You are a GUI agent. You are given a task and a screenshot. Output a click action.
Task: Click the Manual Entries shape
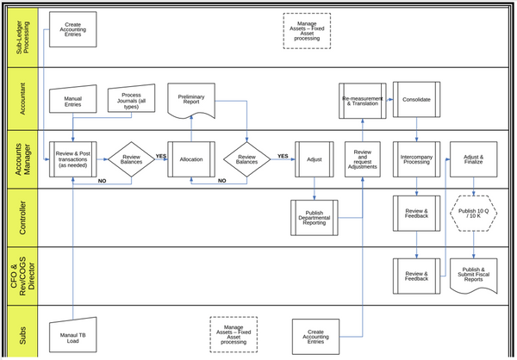coord(73,102)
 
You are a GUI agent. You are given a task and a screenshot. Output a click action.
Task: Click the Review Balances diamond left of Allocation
coord(131,158)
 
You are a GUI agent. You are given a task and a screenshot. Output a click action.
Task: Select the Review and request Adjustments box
coord(362,158)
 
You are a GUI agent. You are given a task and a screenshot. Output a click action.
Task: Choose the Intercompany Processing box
coord(417,158)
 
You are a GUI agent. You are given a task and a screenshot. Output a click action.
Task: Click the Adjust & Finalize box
coord(472,158)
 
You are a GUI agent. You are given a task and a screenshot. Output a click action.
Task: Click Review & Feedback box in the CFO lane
coord(417,275)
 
